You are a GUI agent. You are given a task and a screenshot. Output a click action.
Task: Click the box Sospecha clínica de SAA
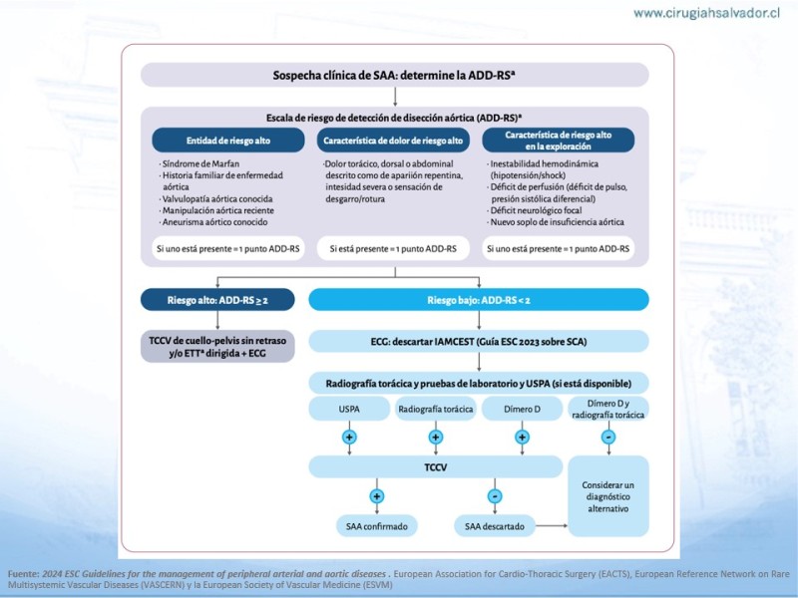(x=395, y=75)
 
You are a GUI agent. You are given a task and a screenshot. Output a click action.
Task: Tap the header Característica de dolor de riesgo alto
(x=395, y=140)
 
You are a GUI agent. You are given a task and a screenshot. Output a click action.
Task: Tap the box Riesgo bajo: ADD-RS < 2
(x=479, y=299)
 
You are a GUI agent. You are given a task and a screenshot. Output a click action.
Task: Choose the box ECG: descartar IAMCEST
(x=479, y=342)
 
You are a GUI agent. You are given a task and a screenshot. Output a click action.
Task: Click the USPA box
(x=349, y=409)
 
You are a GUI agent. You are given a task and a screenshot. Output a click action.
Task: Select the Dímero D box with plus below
(x=521, y=409)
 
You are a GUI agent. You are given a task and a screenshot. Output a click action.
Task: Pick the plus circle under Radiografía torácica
(x=435, y=437)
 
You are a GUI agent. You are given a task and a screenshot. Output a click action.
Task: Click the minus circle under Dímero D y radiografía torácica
(x=607, y=437)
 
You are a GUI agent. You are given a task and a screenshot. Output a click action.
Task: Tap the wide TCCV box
(x=435, y=465)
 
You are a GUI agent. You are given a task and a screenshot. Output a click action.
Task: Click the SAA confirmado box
(x=376, y=525)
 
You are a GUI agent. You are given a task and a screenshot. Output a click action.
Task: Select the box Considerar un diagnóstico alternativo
(x=607, y=496)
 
